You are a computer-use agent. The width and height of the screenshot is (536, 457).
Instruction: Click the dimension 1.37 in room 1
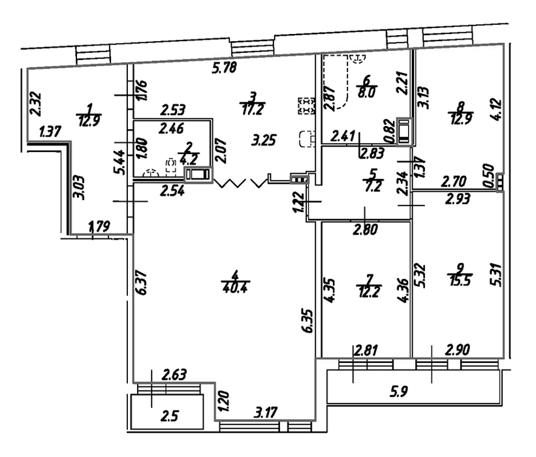50,131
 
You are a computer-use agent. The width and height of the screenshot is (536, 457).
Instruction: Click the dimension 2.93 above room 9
458,201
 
